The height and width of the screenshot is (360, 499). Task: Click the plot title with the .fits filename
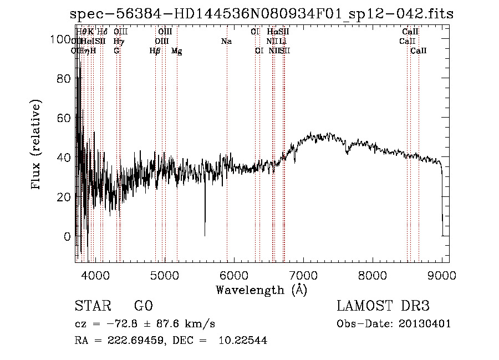(x=262, y=14)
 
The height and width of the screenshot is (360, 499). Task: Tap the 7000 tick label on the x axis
(x=303, y=275)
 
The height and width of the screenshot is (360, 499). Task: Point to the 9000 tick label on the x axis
(x=442, y=275)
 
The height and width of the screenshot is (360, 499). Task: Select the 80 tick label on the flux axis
(x=64, y=79)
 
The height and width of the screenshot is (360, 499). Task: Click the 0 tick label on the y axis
(x=68, y=236)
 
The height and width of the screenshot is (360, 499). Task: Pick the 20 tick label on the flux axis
(x=64, y=197)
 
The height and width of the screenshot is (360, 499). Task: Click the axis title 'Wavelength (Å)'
(x=261, y=290)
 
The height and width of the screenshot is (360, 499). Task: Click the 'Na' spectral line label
(x=226, y=42)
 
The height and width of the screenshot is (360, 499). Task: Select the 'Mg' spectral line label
(x=177, y=51)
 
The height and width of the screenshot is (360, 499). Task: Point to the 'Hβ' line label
(x=155, y=51)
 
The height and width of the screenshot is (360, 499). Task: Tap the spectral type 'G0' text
(x=143, y=306)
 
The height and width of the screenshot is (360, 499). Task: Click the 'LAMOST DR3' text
(x=383, y=306)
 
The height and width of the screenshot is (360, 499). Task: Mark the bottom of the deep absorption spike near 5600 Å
(x=205, y=236)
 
